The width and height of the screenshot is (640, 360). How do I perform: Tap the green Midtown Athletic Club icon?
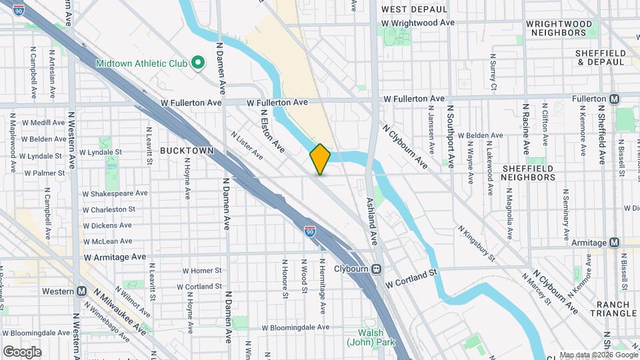coord(197,63)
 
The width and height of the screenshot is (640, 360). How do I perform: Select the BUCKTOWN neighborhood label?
coord(187,151)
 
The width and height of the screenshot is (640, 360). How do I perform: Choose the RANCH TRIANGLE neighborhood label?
coord(613,308)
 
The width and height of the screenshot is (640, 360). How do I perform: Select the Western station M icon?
coord(82,291)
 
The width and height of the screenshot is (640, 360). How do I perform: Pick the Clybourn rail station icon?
coord(377,269)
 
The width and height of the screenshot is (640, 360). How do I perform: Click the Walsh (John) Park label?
coord(370,337)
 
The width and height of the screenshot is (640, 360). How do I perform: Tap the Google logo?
coord(22,352)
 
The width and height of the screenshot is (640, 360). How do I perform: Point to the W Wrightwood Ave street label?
coord(418,23)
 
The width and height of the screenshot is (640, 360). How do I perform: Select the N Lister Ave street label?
coord(247,145)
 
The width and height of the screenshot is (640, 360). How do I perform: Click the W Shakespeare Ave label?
coord(115,193)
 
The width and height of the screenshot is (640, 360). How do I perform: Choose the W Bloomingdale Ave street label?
coord(295,327)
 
